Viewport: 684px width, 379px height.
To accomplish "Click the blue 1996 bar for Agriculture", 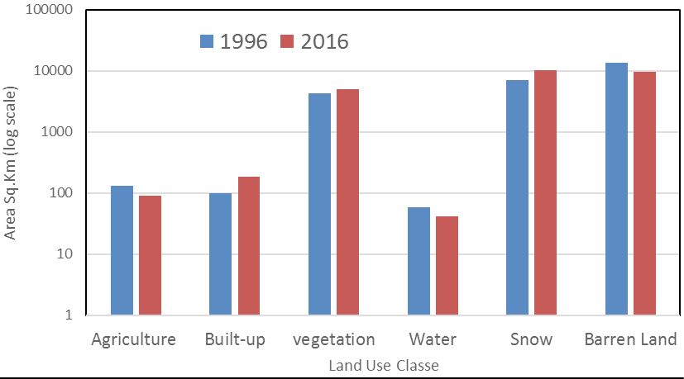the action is (122, 250).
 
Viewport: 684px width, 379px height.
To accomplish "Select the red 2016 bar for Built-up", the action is (249, 246).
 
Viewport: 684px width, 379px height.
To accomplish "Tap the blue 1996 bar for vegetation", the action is (319, 204).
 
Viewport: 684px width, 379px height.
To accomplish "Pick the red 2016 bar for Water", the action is (447, 265).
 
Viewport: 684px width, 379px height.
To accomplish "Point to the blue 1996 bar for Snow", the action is (518, 197).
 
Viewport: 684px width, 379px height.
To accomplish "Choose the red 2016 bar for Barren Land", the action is (645, 193).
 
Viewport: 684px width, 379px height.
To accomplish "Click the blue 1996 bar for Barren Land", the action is (616, 188).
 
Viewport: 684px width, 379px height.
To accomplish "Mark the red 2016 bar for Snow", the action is (545, 192).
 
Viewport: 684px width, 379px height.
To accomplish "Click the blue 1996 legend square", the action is (207, 41).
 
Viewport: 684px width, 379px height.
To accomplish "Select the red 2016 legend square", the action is (287, 41).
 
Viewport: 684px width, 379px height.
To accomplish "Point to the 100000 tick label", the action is (49, 9).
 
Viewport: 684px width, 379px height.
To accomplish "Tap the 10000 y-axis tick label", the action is (53, 70).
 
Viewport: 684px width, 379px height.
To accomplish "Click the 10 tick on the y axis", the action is (65, 254).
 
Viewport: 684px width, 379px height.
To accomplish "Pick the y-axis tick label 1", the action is (69, 315).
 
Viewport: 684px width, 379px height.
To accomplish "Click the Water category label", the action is (433, 339).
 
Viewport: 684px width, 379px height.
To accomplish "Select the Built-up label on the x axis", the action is (235, 339).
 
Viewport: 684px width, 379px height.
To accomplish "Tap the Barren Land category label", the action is (630, 339).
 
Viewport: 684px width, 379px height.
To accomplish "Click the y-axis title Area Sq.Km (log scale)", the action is (10, 163).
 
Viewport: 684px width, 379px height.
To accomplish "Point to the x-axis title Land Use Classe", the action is (384, 365).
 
